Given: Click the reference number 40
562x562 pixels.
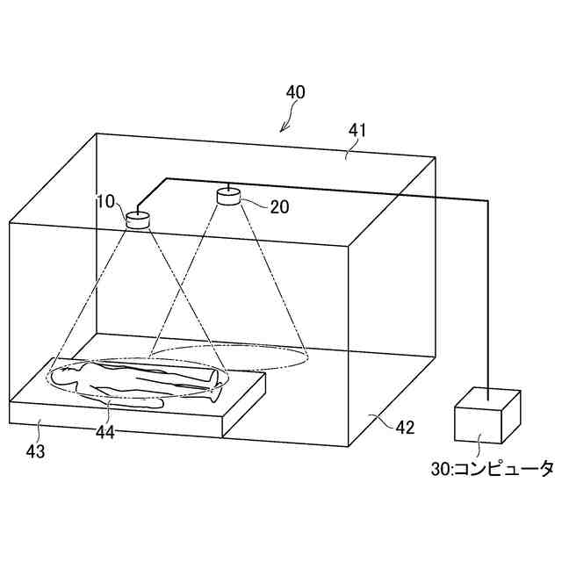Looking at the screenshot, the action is (x=296, y=91).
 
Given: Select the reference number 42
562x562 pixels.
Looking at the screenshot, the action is (x=405, y=429).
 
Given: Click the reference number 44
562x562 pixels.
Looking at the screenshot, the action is (x=104, y=430).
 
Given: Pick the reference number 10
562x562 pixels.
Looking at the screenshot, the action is (x=105, y=202).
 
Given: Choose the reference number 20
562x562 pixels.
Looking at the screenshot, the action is (x=280, y=206).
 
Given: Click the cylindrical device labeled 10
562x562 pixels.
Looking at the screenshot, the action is (x=139, y=220).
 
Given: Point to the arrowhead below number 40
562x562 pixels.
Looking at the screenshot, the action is (x=283, y=129).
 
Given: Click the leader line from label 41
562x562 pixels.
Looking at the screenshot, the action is (x=350, y=149).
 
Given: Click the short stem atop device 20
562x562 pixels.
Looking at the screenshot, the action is (x=228, y=186).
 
